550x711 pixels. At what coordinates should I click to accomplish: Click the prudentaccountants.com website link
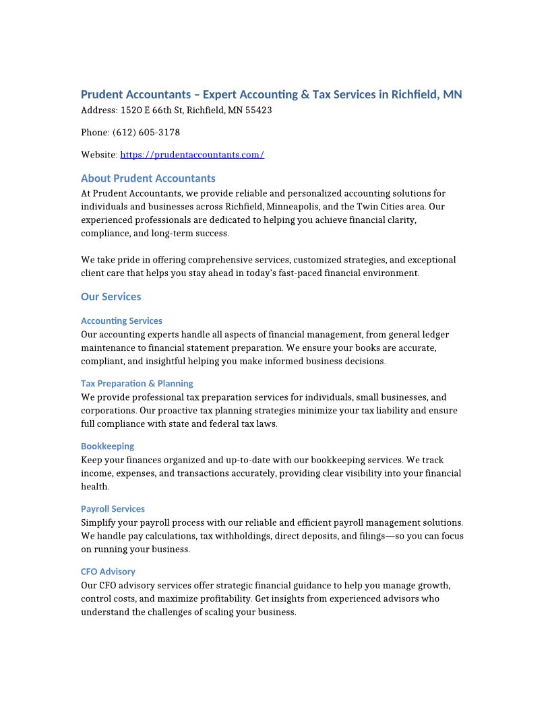(x=192, y=155)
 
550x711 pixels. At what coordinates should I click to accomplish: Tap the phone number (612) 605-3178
(x=146, y=133)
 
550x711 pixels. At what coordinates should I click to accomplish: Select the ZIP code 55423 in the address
(x=259, y=110)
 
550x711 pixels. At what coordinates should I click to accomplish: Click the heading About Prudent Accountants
(x=148, y=178)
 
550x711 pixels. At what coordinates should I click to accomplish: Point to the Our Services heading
(x=111, y=297)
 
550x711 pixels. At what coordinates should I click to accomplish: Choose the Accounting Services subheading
(x=121, y=321)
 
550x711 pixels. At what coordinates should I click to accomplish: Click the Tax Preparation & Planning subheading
(x=137, y=384)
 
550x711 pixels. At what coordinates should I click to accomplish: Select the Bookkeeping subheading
(x=107, y=446)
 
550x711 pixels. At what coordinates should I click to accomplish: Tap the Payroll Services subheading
(x=113, y=509)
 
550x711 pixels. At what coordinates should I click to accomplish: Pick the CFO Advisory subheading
(x=108, y=572)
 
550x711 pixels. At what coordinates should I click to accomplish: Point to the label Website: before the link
(x=99, y=155)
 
